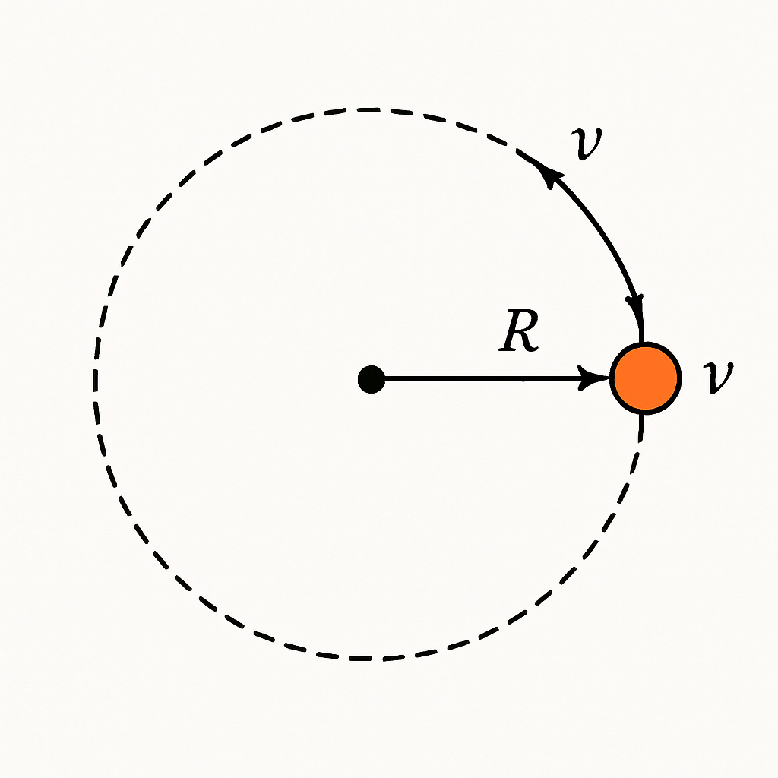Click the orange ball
646,378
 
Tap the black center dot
372,380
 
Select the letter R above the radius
518,331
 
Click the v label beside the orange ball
718,378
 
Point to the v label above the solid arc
587,144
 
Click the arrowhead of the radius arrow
593,378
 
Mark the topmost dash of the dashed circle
368,109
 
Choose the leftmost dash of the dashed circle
95,380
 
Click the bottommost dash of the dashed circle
361,659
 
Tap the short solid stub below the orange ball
642,427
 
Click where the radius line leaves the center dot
385,379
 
